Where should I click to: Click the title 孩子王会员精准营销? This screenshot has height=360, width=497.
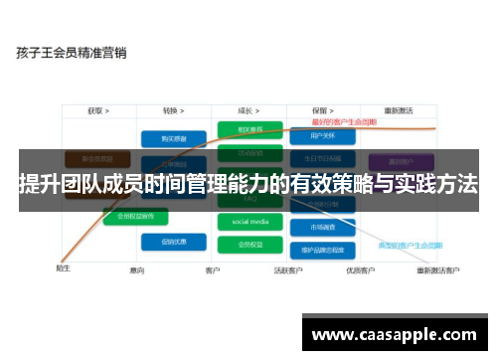click(71, 51)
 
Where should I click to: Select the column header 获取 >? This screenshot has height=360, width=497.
click(97, 110)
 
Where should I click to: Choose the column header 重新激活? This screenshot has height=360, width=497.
click(397, 110)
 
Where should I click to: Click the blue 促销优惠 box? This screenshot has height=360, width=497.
click(165, 241)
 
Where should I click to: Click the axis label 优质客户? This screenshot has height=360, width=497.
click(359, 270)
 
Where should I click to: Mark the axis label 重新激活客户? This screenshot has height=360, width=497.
click(437, 270)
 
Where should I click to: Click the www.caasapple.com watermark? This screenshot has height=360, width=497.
click(395, 334)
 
